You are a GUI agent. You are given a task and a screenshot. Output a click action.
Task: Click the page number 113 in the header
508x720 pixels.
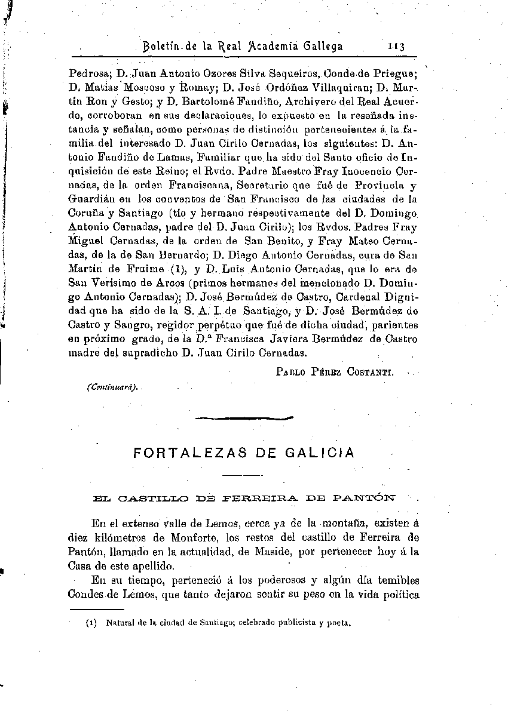[x=396, y=46]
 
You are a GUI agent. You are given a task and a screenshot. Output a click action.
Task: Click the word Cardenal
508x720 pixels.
[x=350, y=297]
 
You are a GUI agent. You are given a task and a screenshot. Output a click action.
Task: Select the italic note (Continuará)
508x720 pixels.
[x=112, y=386]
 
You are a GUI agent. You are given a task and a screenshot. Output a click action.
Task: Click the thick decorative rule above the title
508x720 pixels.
[x=245, y=419]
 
